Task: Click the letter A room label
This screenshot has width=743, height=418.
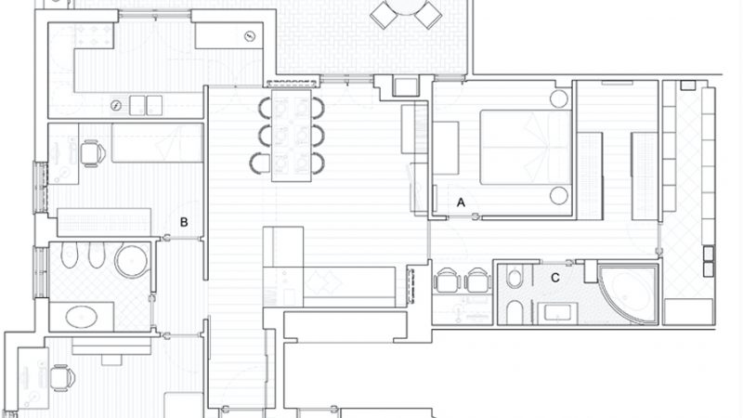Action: [461, 202]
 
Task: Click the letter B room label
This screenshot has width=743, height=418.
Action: [184, 222]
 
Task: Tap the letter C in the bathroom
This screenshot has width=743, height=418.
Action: [555, 278]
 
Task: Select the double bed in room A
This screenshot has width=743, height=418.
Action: [526, 148]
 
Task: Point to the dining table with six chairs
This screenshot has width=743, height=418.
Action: [292, 136]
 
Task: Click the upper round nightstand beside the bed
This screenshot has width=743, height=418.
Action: [559, 98]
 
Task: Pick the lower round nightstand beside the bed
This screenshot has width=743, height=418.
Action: [559, 196]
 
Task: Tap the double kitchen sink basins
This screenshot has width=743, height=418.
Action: [146, 105]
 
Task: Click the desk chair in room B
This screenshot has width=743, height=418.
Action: [92, 153]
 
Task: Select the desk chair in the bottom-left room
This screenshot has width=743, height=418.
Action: [62, 378]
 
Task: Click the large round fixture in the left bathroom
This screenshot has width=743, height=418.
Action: [133, 261]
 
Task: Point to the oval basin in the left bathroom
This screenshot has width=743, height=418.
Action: [82, 317]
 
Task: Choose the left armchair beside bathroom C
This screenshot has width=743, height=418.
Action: [447, 281]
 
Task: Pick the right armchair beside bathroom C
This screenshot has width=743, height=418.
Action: [477, 281]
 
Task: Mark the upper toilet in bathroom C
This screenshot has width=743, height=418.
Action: [514, 277]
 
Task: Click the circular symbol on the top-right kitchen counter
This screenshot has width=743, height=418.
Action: [250, 36]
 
